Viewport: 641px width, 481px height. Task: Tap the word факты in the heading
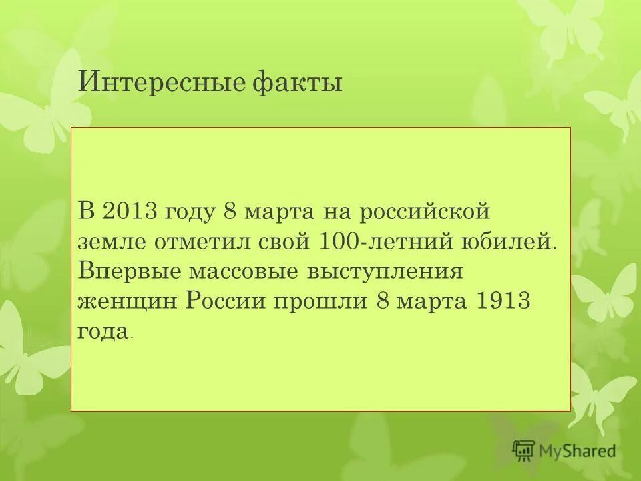point(298,84)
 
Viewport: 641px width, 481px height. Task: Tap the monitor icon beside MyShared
point(525,451)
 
